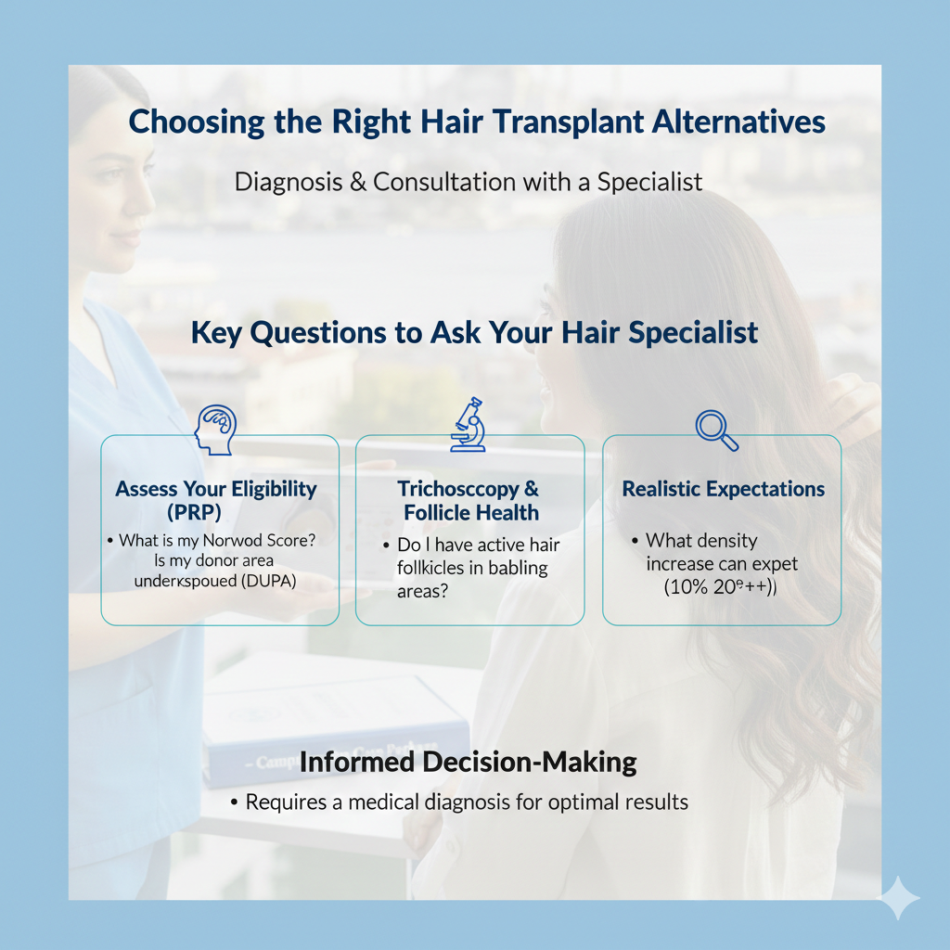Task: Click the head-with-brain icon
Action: (x=215, y=430)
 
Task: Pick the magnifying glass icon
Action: (x=716, y=430)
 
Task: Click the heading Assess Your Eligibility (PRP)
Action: (x=216, y=500)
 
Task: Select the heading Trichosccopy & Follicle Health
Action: (x=469, y=500)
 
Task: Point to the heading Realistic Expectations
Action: (x=723, y=489)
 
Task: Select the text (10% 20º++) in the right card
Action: (x=720, y=586)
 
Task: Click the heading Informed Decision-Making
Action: (x=468, y=763)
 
